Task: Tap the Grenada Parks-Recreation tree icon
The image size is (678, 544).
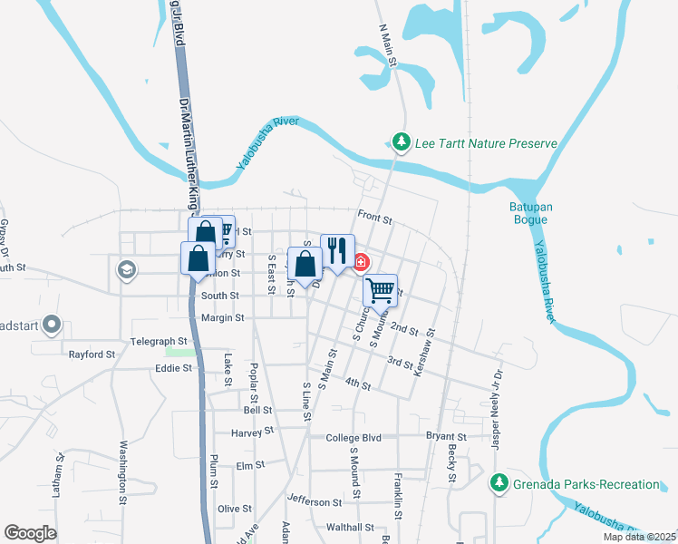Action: pos(499,484)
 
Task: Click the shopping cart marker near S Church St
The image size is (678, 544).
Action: pos(381,291)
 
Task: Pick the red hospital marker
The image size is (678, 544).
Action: pos(361,263)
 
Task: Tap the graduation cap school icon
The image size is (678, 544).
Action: pos(126,269)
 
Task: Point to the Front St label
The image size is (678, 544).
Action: pos(374,219)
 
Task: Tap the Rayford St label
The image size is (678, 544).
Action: pos(92,355)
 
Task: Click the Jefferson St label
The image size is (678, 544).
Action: pos(315,500)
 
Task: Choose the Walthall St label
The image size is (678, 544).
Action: pos(350,527)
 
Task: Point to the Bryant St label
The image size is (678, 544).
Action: pos(445,437)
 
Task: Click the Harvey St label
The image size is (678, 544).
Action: pos(247,432)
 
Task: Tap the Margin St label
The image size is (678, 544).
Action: pos(222,318)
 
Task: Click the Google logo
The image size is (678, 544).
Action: pos(30,533)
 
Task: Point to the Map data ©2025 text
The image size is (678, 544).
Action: pos(639,537)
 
